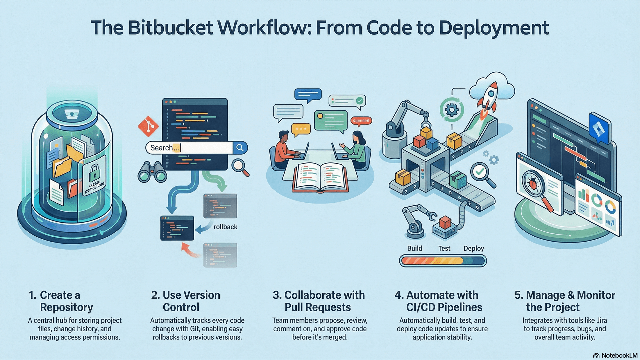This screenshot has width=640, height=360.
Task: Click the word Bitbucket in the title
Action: click(x=170, y=28)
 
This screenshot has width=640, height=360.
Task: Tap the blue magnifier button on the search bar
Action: click(x=240, y=148)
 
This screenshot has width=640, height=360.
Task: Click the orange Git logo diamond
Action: click(x=148, y=126)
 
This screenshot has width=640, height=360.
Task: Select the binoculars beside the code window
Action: click(x=152, y=172)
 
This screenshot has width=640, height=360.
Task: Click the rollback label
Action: click(x=225, y=227)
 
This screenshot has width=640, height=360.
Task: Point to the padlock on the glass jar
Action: click(x=94, y=172)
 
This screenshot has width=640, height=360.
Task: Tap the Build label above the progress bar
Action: click(x=414, y=248)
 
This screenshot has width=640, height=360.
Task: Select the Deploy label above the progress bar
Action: click(x=473, y=248)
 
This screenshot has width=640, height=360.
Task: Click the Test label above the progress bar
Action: click(x=444, y=248)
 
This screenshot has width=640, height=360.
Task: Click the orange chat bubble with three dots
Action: click(x=301, y=129)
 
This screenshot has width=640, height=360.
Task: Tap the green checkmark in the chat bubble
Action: click(x=359, y=100)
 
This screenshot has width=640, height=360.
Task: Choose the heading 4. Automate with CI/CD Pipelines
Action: click(x=438, y=301)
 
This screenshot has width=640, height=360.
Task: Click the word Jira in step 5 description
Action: click(x=601, y=320)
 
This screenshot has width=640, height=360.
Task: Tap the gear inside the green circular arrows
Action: click(x=452, y=110)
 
